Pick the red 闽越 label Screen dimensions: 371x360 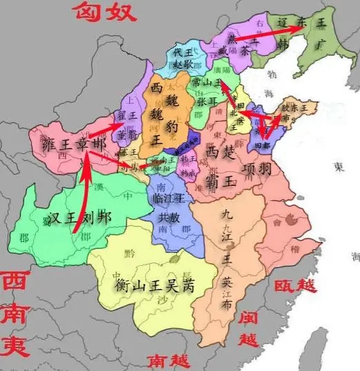(247, 328)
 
